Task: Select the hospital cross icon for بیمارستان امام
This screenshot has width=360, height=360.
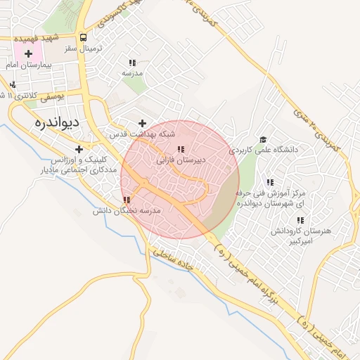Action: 28,53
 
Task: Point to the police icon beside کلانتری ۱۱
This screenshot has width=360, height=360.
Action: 14,85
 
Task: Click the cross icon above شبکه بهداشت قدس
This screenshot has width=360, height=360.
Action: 143,123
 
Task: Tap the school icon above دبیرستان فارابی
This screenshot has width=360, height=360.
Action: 181,150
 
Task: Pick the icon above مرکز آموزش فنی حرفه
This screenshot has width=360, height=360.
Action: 270,182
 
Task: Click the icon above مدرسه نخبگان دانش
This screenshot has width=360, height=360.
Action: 127,200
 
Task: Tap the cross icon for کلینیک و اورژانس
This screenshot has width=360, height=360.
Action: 79,149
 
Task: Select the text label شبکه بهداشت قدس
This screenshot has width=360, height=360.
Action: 143,133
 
